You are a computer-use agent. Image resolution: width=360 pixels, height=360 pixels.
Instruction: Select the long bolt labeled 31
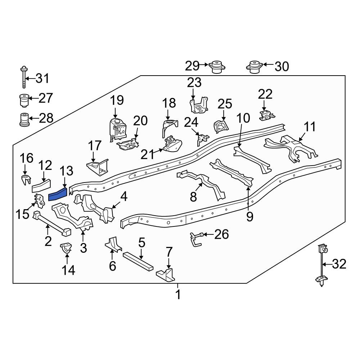click(x=24, y=77)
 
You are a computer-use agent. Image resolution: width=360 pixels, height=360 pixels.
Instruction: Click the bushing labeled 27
click(x=24, y=100)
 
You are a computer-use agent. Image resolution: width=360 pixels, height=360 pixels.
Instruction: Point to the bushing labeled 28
click(x=24, y=120)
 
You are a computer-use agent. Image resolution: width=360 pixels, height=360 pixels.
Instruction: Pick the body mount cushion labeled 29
click(x=217, y=67)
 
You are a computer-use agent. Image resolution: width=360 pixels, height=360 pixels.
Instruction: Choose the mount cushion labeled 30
click(x=255, y=67)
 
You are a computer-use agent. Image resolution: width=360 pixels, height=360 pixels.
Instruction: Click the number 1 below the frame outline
click(x=177, y=295)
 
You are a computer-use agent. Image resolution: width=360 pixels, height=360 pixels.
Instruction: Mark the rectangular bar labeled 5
click(x=138, y=261)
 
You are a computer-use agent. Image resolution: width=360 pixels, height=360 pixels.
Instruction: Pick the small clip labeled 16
click(x=25, y=180)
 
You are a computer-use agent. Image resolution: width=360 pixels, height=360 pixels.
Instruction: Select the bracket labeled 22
click(x=266, y=116)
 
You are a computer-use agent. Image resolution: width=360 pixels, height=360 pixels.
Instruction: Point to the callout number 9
click(x=249, y=216)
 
